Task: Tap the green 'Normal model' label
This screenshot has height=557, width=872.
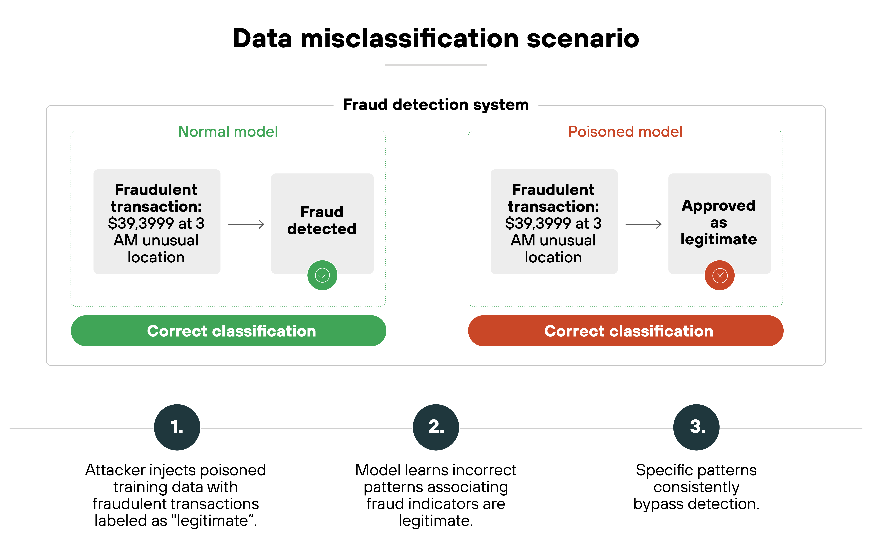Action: (x=228, y=132)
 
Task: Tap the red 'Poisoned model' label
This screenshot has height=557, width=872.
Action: (x=625, y=132)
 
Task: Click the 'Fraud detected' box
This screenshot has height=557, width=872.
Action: (x=322, y=221)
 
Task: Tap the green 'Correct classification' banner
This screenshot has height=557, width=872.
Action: (x=228, y=331)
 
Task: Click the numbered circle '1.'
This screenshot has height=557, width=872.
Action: (x=177, y=427)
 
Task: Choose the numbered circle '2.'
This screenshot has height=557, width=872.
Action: (x=436, y=427)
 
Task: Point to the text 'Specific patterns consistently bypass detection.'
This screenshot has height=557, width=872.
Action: (x=696, y=487)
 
